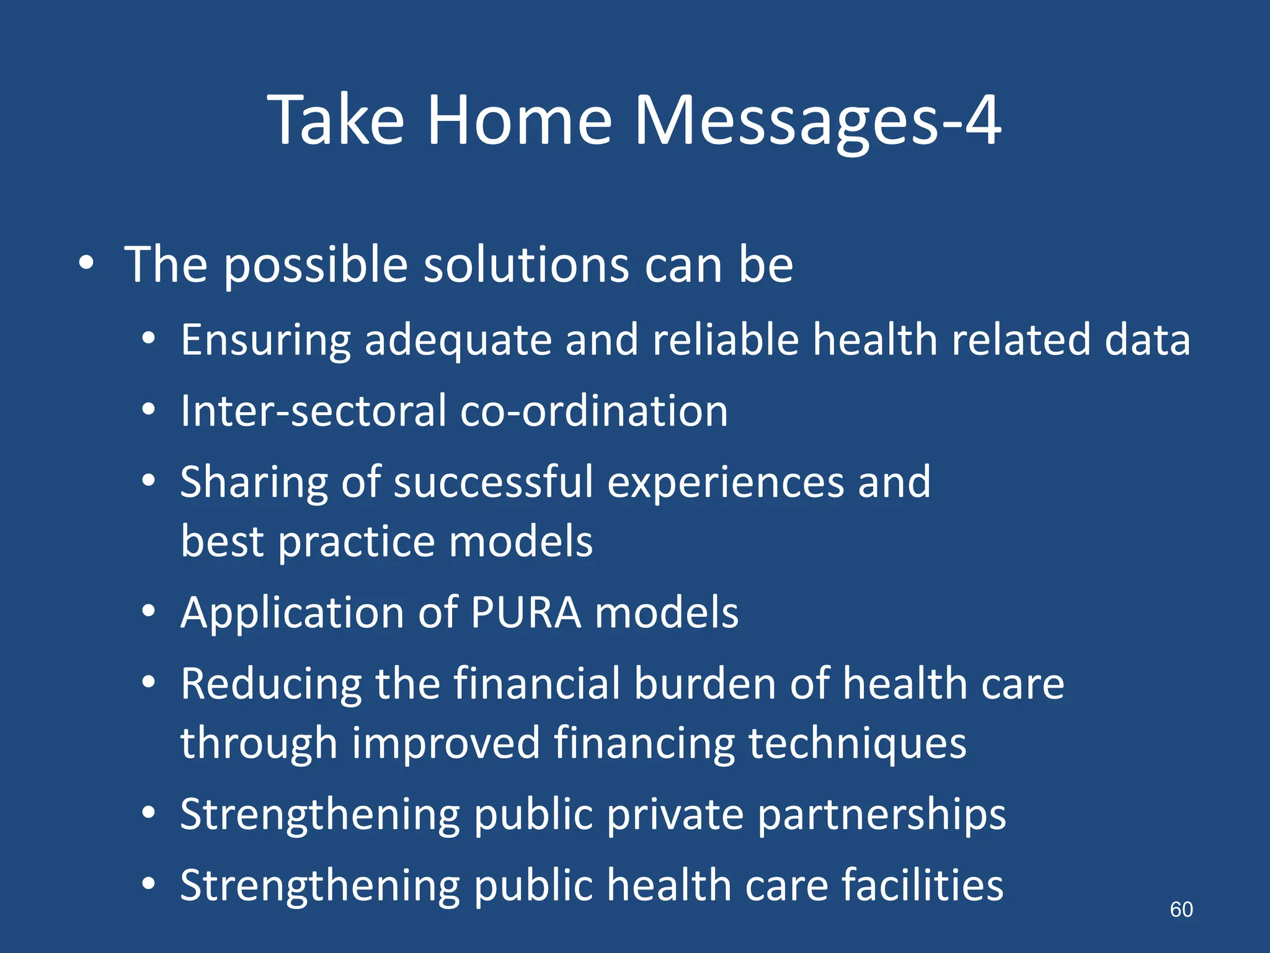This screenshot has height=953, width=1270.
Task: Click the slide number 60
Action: pyautogui.click(x=1181, y=910)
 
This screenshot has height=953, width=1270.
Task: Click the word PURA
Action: pyautogui.click(x=526, y=613)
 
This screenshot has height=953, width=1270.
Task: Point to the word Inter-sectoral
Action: pyautogui.click(x=313, y=411)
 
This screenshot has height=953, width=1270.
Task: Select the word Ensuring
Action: pyautogui.click(x=265, y=341)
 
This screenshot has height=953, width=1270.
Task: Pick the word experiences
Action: pyautogui.click(x=725, y=483)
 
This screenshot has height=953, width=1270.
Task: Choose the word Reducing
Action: pyautogui.click(x=271, y=684)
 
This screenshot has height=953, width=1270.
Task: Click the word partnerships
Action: pyautogui.click(x=881, y=815)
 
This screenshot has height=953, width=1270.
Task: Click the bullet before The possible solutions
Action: pyautogui.click(x=86, y=263)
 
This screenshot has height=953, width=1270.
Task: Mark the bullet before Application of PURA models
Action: pyautogui.click(x=148, y=612)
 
